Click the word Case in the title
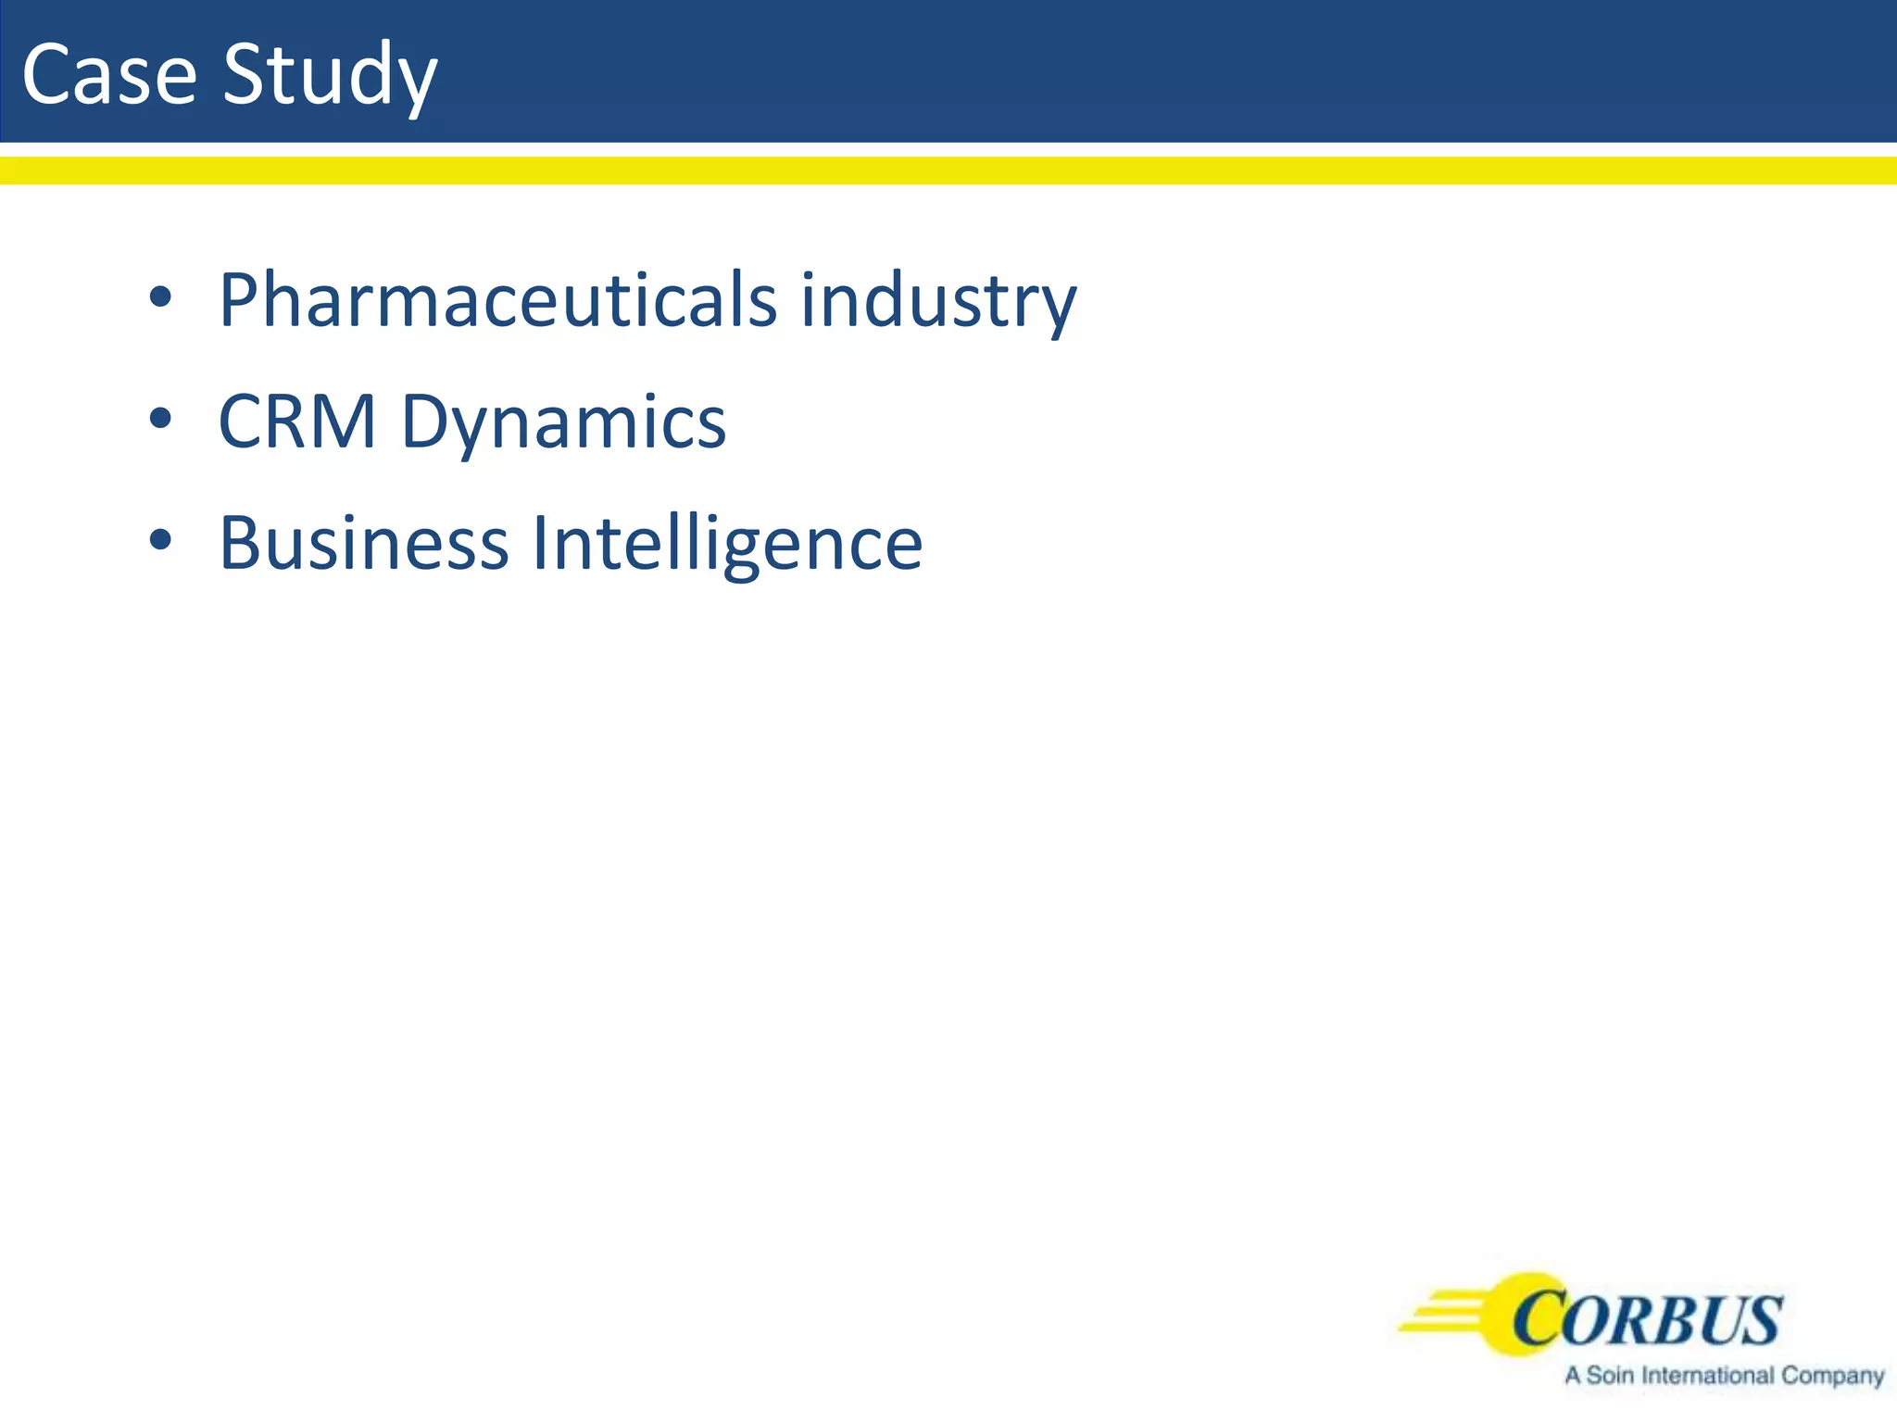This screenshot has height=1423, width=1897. point(109,74)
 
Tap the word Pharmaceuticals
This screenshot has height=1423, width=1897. point(497,300)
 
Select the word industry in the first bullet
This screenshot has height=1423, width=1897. point(938,302)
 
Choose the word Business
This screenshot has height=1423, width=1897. point(363,543)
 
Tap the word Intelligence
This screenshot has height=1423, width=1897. point(727,545)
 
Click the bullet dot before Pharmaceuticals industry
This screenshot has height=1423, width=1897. point(160,297)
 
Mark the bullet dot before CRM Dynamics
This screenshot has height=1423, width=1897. point(160,419)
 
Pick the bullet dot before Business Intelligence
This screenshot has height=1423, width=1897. point(160,540)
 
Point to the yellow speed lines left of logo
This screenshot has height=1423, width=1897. point(1445,1316)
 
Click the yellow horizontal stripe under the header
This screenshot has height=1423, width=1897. point(948,170)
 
